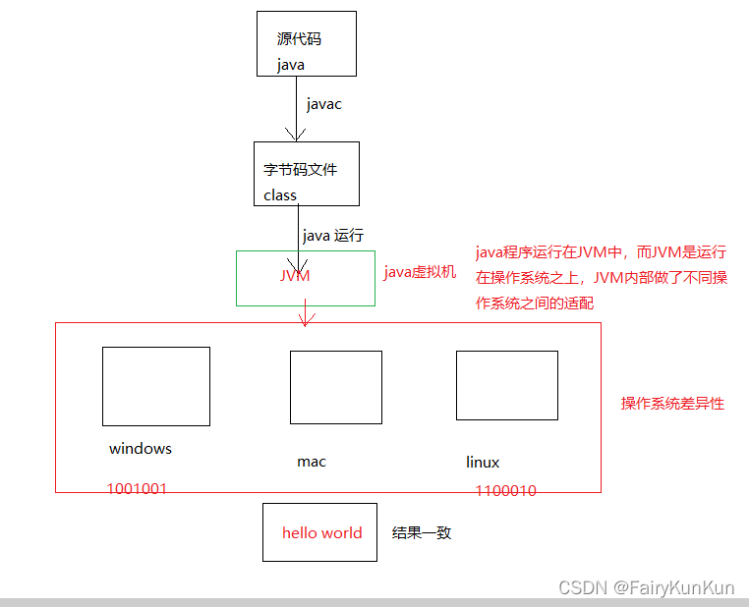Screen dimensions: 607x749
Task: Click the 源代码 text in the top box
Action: click(x=300, y=40)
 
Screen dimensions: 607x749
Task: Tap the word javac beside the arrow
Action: click(x=324, y=104)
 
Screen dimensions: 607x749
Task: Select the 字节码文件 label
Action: click(x=301, y=169)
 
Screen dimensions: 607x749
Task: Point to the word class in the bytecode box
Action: click(x=280, y=194)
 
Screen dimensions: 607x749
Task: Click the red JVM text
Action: click(x=295, y=276)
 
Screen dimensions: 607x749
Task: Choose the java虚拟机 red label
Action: click(x=420, y=272)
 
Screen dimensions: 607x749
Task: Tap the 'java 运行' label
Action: click(x=333, y=236)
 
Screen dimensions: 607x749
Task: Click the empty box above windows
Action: click(x=156, y=386)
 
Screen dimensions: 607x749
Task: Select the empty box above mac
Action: click(x=335, y=387)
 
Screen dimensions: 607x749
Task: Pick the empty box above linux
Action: click(x=506, y=385)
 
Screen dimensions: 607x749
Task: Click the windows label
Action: click(x=141, y=449)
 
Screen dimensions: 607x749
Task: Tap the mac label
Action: click(x=312, y=462)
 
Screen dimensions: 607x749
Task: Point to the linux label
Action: click(x=483, y=463)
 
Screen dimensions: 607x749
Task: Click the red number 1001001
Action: click(x=137, y=488)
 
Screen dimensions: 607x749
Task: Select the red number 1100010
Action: click(x=506, y=490)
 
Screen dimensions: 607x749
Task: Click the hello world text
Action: click(x=321, y=533)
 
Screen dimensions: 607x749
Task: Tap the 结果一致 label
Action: click(x=422, y=532)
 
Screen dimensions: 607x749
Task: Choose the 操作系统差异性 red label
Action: click(x=672, y=404)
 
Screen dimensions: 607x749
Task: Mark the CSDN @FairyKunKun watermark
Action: click(x=646, y=588)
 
